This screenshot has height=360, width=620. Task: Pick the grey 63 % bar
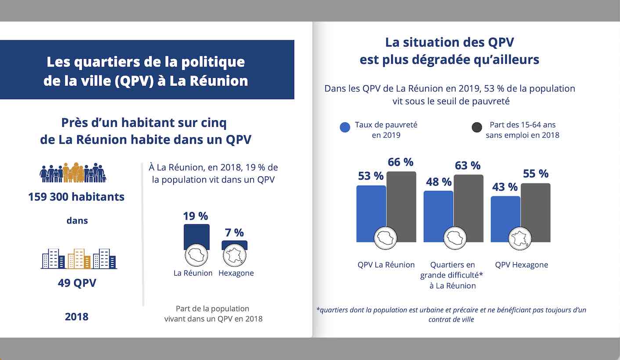tap(469, 204)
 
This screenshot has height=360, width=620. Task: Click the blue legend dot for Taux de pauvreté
tap(346, 128)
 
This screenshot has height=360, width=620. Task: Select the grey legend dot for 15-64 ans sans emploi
tap(477, 128)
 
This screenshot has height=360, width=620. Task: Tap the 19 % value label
tap(195, 216)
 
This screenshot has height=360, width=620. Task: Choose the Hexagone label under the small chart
tap(236, 273)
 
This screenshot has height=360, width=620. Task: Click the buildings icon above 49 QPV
tap(79, 259)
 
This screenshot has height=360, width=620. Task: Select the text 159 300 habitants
tap(76, 197)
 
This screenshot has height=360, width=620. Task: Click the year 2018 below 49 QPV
tap(76, 317)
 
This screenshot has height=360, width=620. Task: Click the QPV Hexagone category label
tap(522, 265)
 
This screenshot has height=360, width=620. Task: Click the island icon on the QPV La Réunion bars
tap(385, 238)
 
